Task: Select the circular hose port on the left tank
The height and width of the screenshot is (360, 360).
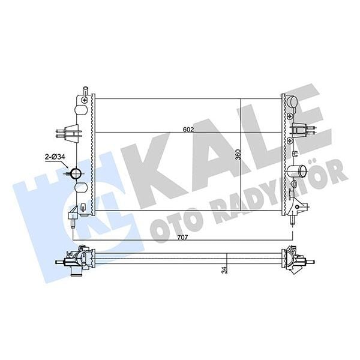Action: pos(76,174)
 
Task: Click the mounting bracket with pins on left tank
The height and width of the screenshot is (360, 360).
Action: pos(70,131)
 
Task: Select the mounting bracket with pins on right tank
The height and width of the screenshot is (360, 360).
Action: pos(300,130)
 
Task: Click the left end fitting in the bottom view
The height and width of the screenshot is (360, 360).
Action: pos(72,260)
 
